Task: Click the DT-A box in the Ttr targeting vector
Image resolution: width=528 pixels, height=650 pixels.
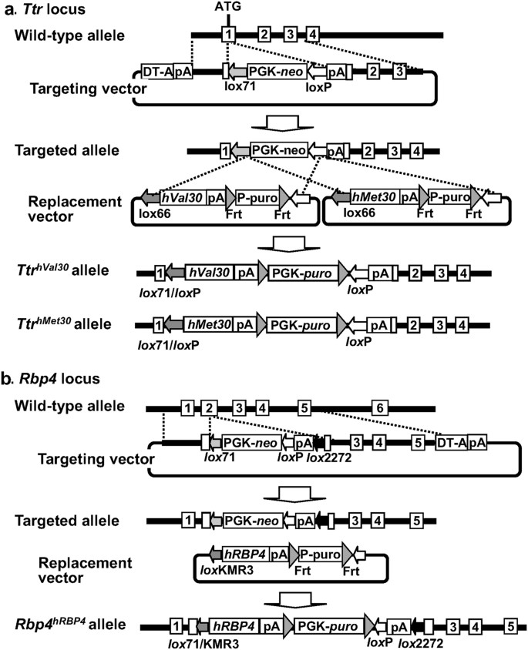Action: tap(157, 72)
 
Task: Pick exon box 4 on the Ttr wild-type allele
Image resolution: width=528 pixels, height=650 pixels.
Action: tap(312, 34)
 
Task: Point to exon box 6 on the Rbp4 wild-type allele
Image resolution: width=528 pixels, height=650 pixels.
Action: tap(378, 407)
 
